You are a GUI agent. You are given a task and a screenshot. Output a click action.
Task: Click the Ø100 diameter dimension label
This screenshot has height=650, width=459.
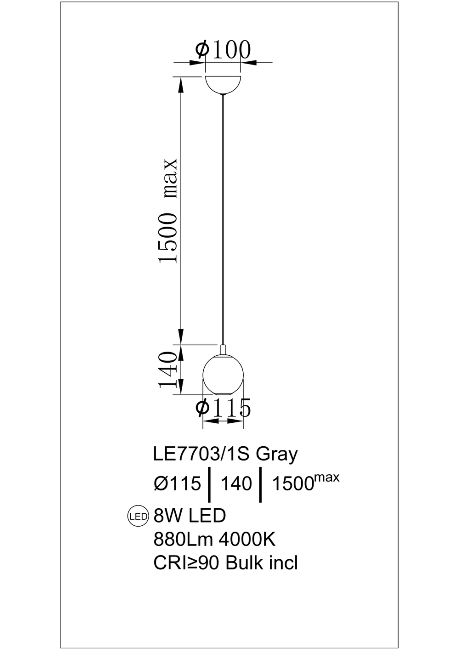click(223, 50)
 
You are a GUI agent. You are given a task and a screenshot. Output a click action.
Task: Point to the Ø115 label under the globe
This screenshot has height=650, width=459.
click(223, 408)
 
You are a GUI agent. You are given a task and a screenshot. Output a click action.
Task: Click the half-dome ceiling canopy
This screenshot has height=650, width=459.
click(223, 84)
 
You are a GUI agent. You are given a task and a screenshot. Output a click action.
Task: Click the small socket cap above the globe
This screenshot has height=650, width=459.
click(223, 349)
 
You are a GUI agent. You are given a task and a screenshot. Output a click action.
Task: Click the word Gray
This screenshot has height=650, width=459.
click(277, 455)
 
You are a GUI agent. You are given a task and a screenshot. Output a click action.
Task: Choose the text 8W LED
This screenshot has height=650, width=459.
click(190, 516)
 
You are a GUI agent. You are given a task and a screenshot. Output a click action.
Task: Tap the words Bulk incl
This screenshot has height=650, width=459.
click(262, 563)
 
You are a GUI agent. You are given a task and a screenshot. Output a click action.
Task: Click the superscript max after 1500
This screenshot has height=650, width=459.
click(327, 478)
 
